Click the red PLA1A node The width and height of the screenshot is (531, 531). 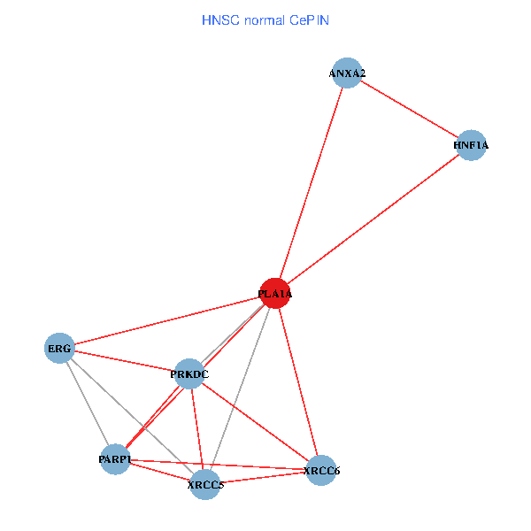click(275, 293)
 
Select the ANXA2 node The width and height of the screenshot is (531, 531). click(346, 73)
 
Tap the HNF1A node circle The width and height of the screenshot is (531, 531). click(471, 145)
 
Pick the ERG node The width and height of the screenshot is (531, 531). click(59, 349)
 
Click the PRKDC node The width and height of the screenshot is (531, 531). click(189, 374)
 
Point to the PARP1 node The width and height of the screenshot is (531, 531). click(115, 459)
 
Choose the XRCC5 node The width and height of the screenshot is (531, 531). click(205, 484)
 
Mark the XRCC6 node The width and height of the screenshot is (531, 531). click(321, 470)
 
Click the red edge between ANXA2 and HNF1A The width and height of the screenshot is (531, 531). click(408, 109)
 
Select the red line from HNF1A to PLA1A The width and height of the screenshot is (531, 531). click(373, 219)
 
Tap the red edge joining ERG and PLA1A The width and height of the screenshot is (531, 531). click(167, 320)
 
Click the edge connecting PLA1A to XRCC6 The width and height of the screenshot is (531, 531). click(298, 381)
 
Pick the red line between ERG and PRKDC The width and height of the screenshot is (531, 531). click(124, 361)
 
